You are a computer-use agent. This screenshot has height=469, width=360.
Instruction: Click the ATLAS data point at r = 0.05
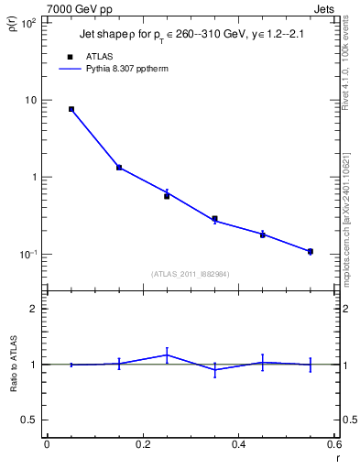coord(71,109)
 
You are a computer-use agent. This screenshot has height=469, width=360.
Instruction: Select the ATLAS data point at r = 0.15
coord(119,168)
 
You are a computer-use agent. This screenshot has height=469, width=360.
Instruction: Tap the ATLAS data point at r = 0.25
coord(167,196)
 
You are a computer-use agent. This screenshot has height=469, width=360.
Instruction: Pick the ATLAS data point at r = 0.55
coord(311,251)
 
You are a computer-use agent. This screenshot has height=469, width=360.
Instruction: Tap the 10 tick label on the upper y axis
coord(30,100)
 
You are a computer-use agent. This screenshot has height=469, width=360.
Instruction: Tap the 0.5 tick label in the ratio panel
coord(28,420)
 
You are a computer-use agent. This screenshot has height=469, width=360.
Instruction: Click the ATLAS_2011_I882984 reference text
coord(191,274)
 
